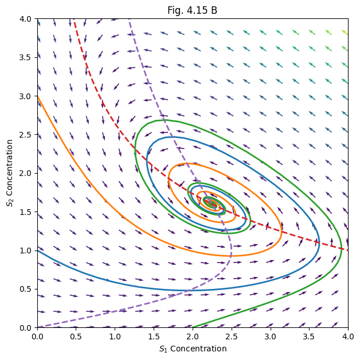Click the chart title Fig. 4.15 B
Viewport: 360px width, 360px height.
click(x=192, y=10)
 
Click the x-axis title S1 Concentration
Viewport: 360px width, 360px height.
click(x=192, y=349)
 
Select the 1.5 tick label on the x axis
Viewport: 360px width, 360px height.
click(x=154, y=336)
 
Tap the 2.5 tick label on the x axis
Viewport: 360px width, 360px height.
click(x=231, y=336)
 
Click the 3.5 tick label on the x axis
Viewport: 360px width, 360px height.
click(x=309, y=336)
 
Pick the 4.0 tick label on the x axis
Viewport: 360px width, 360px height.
click(x=347, y=336)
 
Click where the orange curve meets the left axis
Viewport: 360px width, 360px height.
click(x=37, y=96)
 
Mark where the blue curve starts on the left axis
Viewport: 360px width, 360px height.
click(x=37, y=248)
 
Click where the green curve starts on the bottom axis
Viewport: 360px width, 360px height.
click(x=193, y=327)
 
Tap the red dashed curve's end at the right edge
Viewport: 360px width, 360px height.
click(x=347, y=250)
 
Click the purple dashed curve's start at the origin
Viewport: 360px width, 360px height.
click(x=38, y=327)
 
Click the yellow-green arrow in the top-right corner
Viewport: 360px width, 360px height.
click(x=344, y=32)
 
